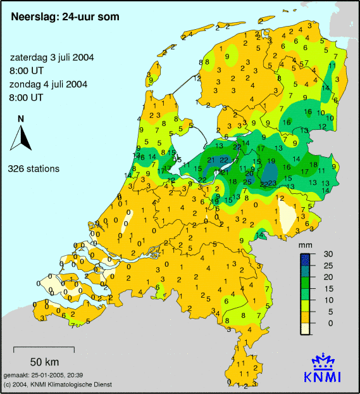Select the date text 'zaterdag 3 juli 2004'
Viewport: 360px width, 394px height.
point(52,57)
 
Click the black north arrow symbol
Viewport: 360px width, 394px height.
point(21,137)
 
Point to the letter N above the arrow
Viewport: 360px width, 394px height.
point(21,118)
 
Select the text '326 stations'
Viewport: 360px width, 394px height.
point(34,169)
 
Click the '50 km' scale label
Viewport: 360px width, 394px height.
point(44,362)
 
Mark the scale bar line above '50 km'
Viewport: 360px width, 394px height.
point(44,348)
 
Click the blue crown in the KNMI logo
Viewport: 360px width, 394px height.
point(327,362)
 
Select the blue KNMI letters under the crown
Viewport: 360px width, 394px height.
point(327,377)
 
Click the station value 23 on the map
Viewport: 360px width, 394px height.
point(272,184)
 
